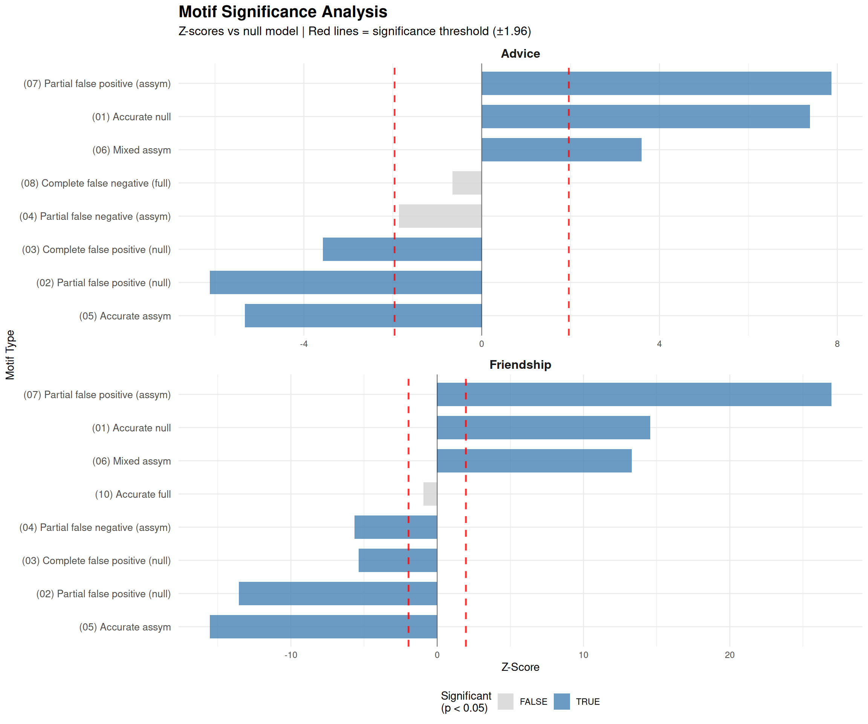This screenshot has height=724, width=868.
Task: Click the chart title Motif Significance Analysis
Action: (x=283, y=12)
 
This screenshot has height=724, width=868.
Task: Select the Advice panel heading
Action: (x=520, y=54)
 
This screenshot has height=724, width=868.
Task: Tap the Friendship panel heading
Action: (x=520, y=365)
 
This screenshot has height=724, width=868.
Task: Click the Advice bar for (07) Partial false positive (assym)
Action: (x=656, y=84)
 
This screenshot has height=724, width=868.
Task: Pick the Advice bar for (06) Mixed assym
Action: (x=561, y=150)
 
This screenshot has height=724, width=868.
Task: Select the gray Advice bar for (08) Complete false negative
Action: (x=467, y=183)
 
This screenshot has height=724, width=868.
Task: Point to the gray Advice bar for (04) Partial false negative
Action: (x=440, y=216)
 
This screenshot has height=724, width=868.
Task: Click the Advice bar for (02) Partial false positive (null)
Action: (x=345, y=282)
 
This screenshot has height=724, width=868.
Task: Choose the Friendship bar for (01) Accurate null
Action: (x=543, y=428)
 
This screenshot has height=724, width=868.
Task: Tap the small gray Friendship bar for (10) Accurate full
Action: (x=430, y=494)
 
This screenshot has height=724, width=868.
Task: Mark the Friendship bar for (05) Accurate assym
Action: (x=323, y=627)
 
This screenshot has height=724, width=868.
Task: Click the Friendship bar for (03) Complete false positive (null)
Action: (x=397, y=561)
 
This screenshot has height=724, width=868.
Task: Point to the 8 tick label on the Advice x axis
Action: (x=837, y=344)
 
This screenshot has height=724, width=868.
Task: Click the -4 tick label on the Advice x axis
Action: (x=304, y=344)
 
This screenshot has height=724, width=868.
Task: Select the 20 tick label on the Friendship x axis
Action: (x=729, y=655)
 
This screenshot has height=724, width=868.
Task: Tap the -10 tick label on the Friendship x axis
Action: (x=290, y=655)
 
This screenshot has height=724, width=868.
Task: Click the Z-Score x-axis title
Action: (x=520, y=667)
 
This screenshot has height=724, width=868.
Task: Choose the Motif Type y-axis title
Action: (x=10, y=354)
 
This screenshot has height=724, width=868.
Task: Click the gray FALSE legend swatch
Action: (x=505, y=702)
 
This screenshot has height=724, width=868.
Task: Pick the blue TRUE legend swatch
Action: (x=562, y=702)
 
